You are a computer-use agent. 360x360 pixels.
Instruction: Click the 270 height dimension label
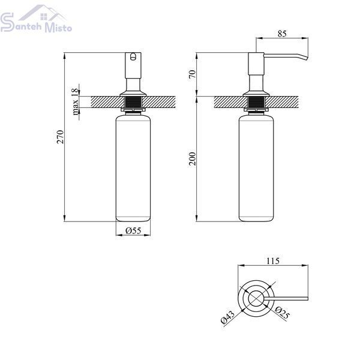click(60, 137)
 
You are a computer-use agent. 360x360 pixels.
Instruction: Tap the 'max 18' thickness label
click(75, 102)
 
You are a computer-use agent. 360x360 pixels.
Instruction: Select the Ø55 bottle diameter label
click(133, 230)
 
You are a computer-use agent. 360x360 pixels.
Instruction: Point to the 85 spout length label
click(282, 34)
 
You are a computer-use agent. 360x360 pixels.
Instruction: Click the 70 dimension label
click(193, 74)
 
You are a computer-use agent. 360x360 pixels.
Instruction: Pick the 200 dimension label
click(193, 159)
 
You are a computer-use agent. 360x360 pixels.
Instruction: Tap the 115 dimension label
click(273, 261)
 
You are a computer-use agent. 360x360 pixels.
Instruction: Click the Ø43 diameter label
click(227, 317)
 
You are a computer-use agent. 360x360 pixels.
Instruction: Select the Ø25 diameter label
click(282, 313)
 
